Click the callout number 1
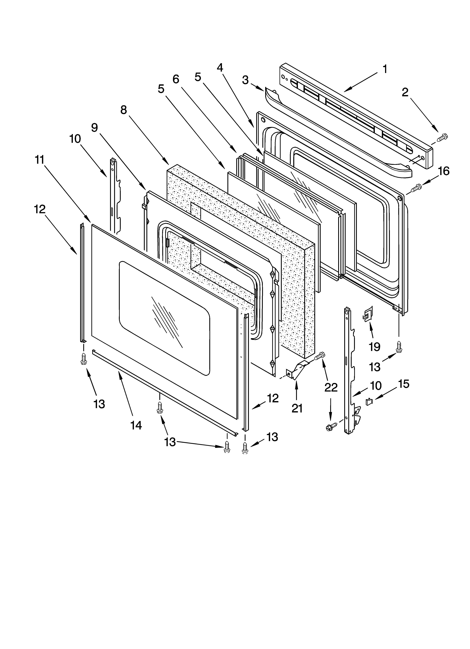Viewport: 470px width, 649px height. [x=385, y=69]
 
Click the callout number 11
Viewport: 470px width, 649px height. [x=40, y=160]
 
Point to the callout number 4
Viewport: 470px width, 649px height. [x=220, y=68]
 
